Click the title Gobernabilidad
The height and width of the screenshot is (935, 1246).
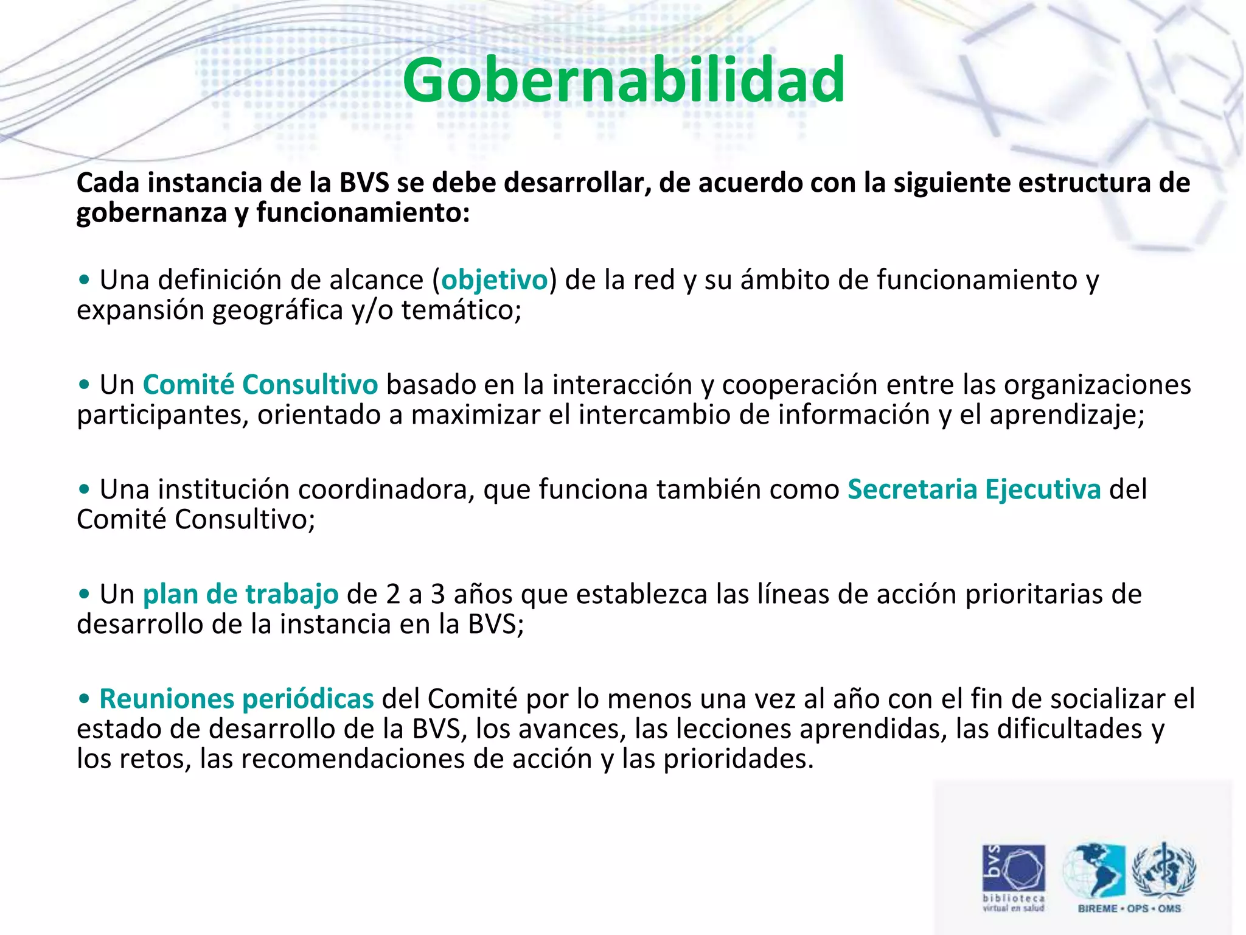pos(623,80)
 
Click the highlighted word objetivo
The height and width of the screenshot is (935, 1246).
pos(494,281)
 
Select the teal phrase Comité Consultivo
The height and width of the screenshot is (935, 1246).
pos(260,385)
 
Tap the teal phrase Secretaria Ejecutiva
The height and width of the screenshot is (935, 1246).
pos(973,489)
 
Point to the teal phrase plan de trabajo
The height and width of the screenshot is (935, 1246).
pos(240,594)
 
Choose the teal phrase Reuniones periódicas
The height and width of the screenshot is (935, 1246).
pos(236,699)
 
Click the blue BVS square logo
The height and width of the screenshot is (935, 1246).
pos(1014,867)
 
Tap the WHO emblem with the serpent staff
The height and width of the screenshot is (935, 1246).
pos(1163,870)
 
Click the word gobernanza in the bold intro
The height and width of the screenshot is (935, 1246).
pos(151,213)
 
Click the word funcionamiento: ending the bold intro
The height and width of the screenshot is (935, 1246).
pos(363,213)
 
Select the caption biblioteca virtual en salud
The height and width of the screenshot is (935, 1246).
pos(1014,903)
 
